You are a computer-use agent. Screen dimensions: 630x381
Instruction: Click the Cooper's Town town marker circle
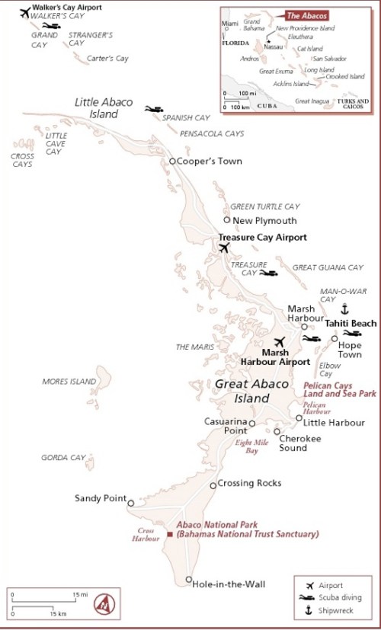point(172,161)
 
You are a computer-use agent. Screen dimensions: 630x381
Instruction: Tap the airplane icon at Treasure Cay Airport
point(223,248)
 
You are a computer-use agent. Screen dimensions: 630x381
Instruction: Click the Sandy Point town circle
point(131,503)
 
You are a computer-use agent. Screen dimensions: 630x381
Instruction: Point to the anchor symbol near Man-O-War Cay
point(343,309)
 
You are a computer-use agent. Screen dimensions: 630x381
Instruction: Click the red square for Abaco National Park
point(169,535)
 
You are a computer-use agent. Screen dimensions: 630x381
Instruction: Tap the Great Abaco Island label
point(242,392)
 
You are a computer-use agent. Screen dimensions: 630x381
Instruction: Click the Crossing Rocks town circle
point(213,485)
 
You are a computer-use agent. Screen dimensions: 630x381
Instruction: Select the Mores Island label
point(69,382)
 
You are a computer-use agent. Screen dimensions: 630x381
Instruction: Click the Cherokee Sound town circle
point(277,431)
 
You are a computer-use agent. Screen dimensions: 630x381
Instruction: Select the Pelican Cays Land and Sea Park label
point(340,390)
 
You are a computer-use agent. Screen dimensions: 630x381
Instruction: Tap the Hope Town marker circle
point(334,339)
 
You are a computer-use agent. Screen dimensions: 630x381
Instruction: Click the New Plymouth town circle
point(227,220)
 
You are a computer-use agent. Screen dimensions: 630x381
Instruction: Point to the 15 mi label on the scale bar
point(80,593)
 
